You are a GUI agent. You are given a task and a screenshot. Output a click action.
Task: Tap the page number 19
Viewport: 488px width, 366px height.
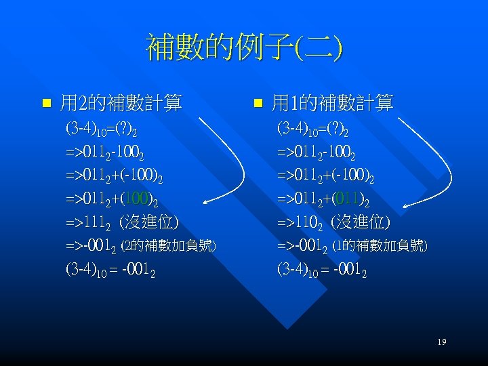point(441,342)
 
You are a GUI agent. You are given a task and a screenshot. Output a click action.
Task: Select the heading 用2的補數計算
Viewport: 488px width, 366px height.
point(121,104)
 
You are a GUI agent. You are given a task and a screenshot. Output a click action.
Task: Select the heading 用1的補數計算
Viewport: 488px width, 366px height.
point(332,104)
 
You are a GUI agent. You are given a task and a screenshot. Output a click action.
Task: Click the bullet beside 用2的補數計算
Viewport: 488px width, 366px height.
point(46,104)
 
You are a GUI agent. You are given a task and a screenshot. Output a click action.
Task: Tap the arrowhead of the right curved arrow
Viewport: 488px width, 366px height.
point(403,203)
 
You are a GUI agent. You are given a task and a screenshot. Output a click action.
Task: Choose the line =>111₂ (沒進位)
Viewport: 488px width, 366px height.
point(122,222)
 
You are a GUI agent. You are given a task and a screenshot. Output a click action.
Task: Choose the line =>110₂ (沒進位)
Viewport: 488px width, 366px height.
point(333,222)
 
